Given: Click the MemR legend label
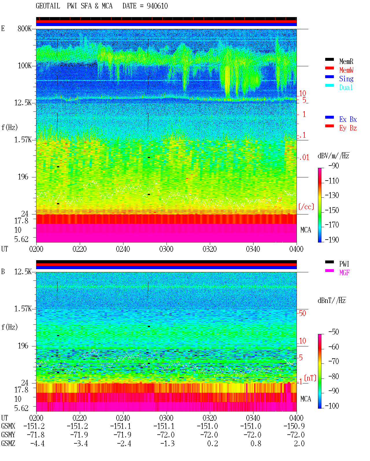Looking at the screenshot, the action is point(346,61).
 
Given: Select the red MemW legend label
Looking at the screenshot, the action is point(346,70).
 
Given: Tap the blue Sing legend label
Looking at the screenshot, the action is point(346,79).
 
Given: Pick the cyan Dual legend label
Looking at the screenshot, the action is point(346,87).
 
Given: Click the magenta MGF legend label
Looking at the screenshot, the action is point(344,273).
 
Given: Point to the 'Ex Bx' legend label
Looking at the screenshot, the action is point(348,119).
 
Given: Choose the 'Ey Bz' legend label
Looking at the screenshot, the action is point(348,128).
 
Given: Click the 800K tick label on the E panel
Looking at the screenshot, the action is point(25,28).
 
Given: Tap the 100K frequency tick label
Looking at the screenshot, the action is point(25,66).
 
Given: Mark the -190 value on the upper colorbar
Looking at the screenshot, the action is point(332,240).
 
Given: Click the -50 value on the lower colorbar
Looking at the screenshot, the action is point(334,332).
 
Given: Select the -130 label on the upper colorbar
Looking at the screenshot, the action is point(332,195).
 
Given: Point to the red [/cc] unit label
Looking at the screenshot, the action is point(306,207).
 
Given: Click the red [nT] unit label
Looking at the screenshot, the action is point(310,378).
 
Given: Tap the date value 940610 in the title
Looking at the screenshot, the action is point(157,6).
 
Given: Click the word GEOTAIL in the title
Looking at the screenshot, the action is point(48,6).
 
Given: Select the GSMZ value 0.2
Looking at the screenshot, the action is point(212,443).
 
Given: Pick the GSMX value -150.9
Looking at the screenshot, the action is point(294,426).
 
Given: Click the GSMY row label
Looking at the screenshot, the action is point(8,435).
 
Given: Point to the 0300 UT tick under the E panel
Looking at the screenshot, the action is point(166,249).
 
